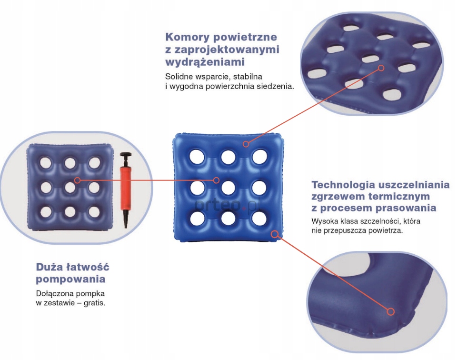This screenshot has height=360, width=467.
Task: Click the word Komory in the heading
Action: point(188,37)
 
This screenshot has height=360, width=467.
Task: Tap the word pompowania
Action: point(70,279)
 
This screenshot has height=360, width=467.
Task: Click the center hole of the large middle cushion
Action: point(228,188)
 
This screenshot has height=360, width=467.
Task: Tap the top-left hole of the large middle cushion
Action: point(197,156)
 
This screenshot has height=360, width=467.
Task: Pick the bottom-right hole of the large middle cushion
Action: point(259,218)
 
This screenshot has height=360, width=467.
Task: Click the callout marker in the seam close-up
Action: point(390,311)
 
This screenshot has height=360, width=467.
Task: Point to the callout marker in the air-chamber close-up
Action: point(381,68)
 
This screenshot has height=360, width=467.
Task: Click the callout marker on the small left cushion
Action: point(77,180)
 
